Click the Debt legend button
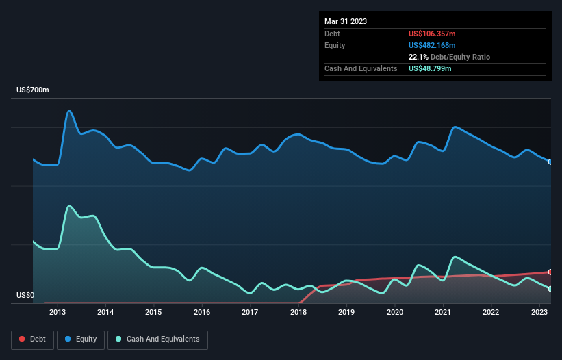(31, 339)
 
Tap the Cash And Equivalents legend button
(157, 339)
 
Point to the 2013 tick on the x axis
(58, 313)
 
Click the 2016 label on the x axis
(202, 313)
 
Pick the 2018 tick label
(298, 313)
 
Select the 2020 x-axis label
(395, 313)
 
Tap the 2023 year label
(539, 313)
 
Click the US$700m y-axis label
(33, 90)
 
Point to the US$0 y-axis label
(25, 296)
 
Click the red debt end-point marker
(550, 272)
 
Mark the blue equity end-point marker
(550, 162)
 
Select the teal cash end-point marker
(550, 289)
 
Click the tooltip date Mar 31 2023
(346, 21)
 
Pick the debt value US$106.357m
(433, 34)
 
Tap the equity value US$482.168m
(433, 45)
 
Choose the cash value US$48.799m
(430, 68)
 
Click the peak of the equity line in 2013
(69, 110)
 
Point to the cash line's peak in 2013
(69, 205)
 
